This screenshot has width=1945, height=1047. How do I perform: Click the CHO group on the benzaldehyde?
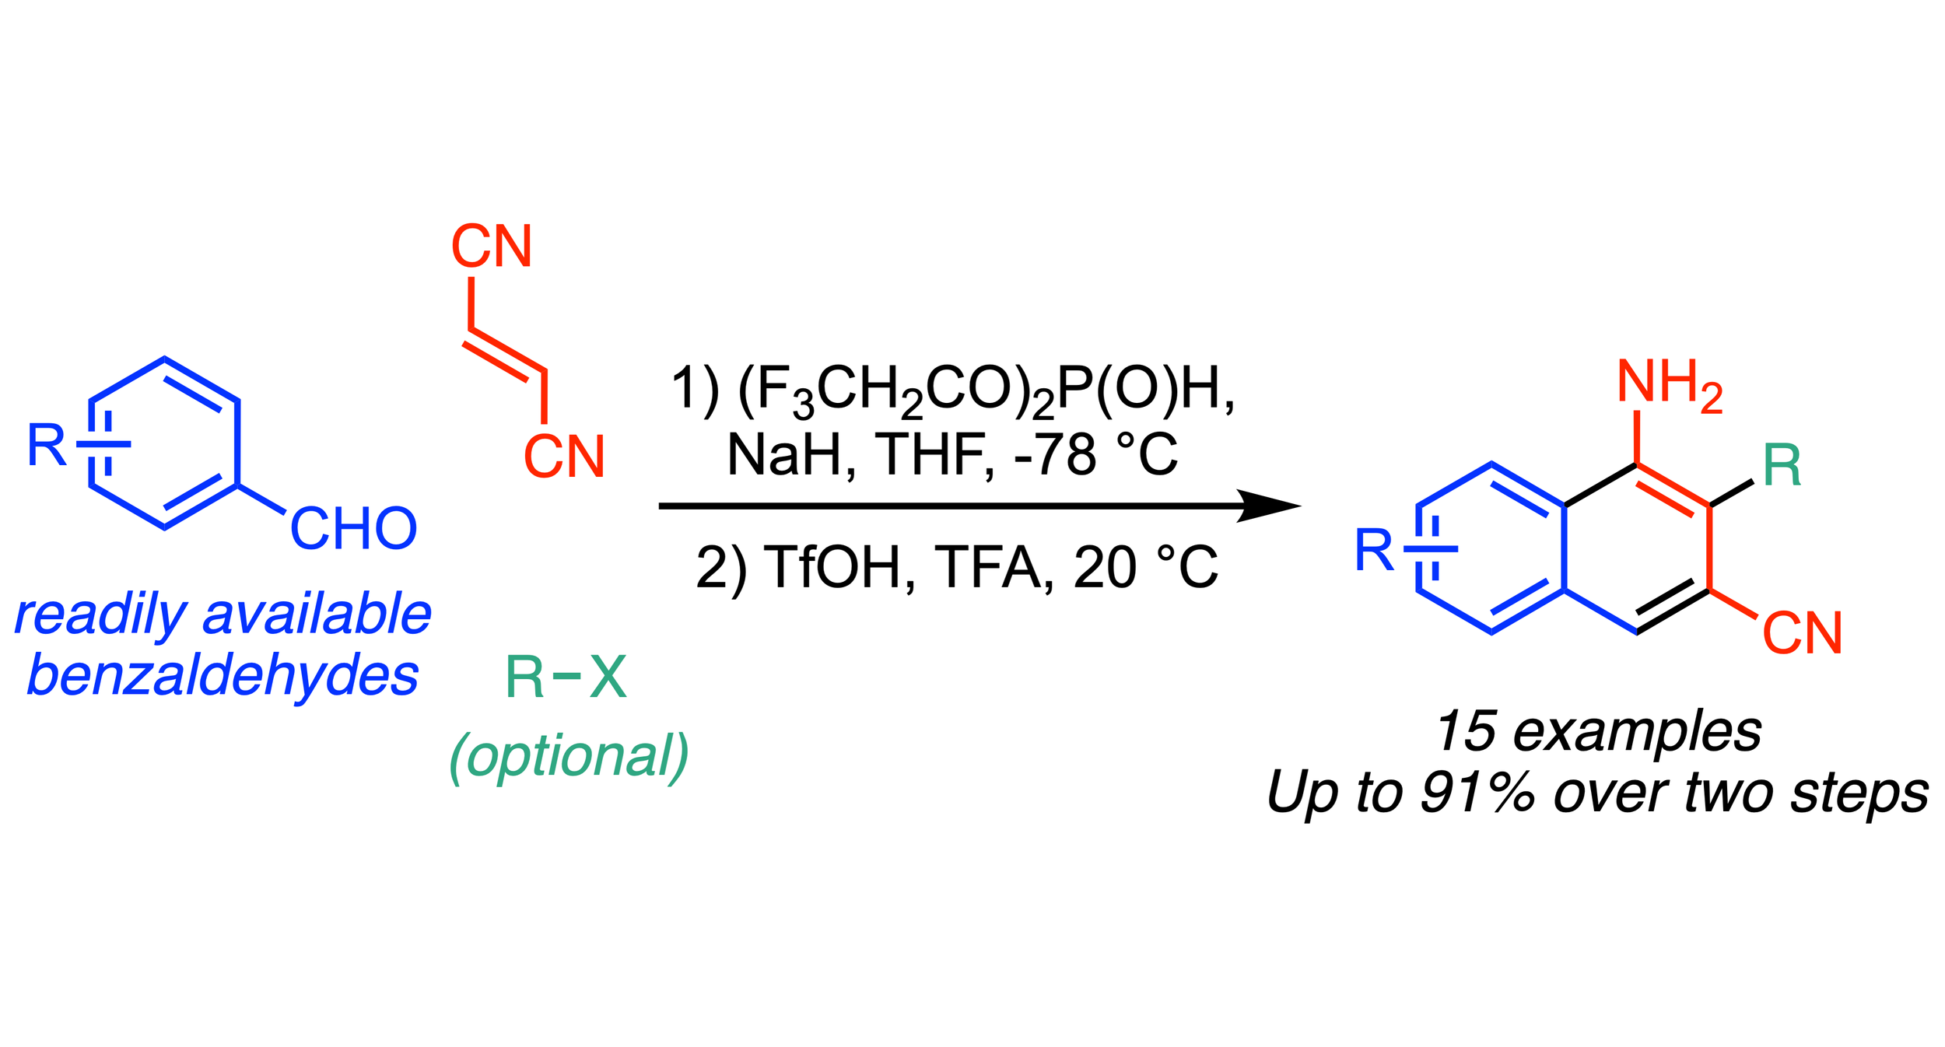pos(353,529)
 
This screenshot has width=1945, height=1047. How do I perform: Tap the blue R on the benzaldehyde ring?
pos(47,445)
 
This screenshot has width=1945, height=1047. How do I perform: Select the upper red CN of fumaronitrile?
pos(492,247)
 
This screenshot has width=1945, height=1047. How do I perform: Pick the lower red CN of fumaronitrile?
pos(564,456)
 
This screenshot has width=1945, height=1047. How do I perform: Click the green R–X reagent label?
pos(566,678)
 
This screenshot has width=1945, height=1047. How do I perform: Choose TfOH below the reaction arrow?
pos(840,567)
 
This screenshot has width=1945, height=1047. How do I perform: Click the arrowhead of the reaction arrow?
pos(1268,506)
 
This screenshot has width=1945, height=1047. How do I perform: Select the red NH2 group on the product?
pos(1670,383)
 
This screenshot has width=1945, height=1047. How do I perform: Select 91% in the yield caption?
pos(1477,793)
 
